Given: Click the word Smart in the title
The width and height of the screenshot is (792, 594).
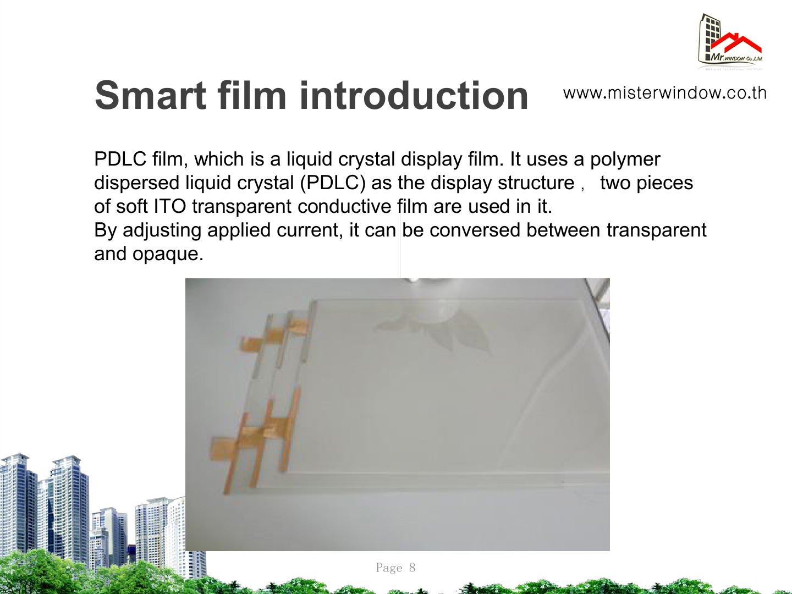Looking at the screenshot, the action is click(151, 95).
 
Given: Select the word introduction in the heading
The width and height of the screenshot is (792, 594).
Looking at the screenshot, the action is click(414, 95).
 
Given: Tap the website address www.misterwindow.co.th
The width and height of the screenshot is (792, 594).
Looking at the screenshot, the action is click(664, 93).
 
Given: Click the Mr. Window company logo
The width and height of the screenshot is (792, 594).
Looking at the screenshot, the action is click(730, 41).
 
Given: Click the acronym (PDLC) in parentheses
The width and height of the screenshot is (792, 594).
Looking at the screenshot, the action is click(333, 183).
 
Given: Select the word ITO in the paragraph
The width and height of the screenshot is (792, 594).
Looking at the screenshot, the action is click(170, 206).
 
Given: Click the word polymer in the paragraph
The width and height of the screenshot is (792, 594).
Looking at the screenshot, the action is click(625, 159).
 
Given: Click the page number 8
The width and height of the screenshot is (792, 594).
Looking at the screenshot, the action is click(412, 568).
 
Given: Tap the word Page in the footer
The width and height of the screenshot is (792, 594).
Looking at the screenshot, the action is click(389, 568).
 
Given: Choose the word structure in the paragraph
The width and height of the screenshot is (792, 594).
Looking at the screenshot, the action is click(536, 183).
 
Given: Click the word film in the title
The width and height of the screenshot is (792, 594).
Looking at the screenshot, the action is click(252, 95).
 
